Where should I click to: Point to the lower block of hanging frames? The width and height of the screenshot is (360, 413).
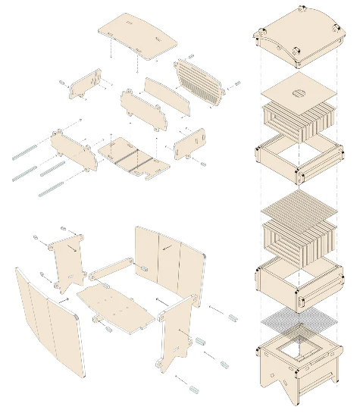click(x=298, y=236)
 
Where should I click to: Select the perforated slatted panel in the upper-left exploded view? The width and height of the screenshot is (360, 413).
click(x=200, y=81)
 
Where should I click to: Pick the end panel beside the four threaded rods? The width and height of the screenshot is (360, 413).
click(x=74, y=148)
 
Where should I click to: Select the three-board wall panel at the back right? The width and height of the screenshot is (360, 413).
click(x=168, y=261)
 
